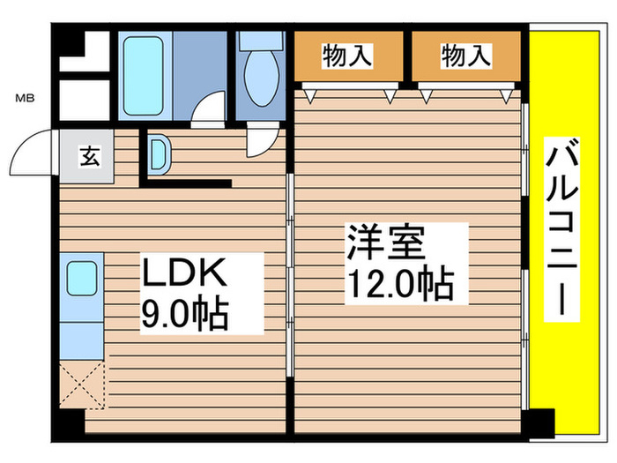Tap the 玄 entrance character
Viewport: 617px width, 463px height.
coord(89,157)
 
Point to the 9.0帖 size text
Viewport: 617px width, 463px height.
coord(185,314)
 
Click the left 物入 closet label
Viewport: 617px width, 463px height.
coord(346,57)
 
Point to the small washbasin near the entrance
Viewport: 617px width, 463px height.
coord(160,153)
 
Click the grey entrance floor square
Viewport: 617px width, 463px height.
coord(88,158)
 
